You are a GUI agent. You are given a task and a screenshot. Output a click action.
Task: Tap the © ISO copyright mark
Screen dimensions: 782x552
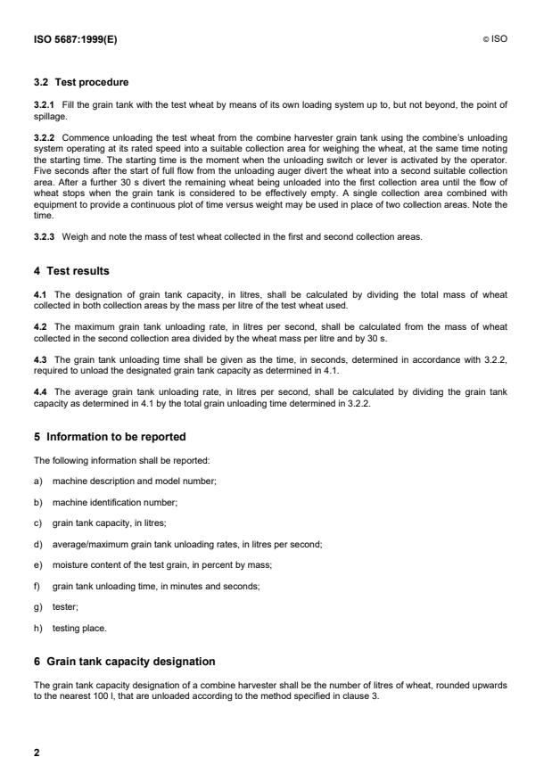(x=497, y=39)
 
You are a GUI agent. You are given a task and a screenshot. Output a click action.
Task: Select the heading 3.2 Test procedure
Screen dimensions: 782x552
(x=79, y=82)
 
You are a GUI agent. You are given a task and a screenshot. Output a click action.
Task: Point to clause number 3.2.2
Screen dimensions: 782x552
(x=45, y=137)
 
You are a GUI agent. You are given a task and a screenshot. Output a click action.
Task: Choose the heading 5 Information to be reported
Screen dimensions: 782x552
(x=111, y=437)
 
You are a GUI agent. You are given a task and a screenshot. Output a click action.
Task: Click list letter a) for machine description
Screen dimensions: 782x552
(x=38, y=481)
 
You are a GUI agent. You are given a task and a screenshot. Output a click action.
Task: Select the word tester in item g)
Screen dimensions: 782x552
(x=64, y=605)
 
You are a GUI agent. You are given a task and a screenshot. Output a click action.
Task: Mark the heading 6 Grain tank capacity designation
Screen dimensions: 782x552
(x=126, y=661)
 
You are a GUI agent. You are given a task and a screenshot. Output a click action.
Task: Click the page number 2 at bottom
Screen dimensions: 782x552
(x=37, y=753)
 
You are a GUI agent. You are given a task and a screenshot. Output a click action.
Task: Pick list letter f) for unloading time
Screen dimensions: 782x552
(x=37, y=585)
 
